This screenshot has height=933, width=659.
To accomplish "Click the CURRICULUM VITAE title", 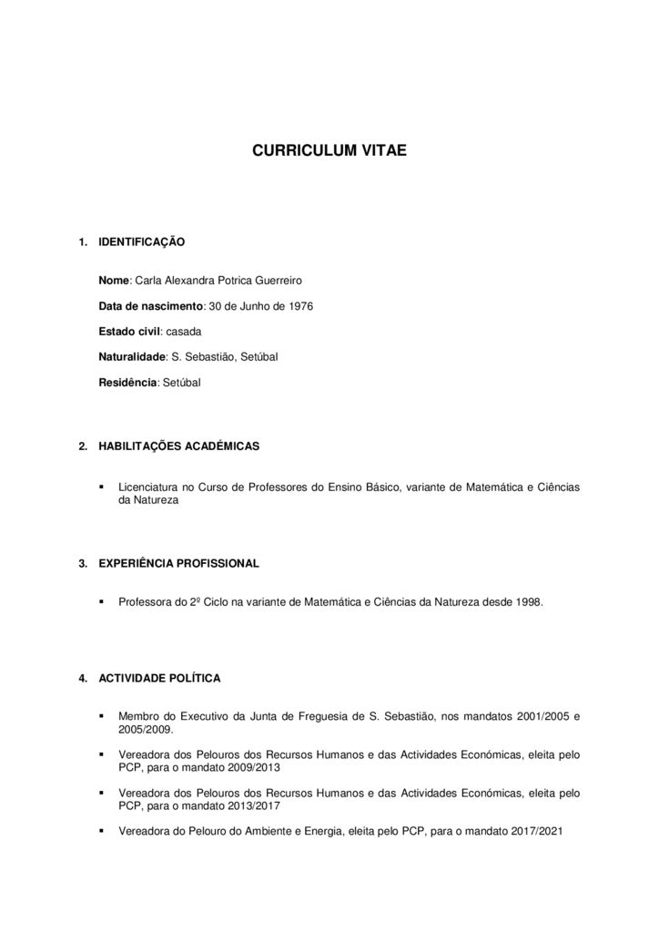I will [329, 149].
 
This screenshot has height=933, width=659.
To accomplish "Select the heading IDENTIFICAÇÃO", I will [141, 242].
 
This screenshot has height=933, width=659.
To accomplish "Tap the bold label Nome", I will [115, 282].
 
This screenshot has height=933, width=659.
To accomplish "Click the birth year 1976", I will [299, 306].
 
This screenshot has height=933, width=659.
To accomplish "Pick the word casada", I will [184, 331].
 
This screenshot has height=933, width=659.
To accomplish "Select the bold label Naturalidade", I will [132, 356].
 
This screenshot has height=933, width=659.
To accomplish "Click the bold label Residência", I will [127, 382].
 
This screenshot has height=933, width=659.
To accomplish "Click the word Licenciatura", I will [150, 487].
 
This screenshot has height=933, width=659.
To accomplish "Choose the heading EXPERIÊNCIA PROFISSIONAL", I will [178, 564].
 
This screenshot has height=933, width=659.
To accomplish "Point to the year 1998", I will [527, 602].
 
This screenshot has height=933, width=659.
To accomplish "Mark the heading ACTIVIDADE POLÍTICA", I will [159, 679].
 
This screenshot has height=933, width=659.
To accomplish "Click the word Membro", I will [138, 717].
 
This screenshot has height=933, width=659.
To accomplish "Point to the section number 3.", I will [83, 564].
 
